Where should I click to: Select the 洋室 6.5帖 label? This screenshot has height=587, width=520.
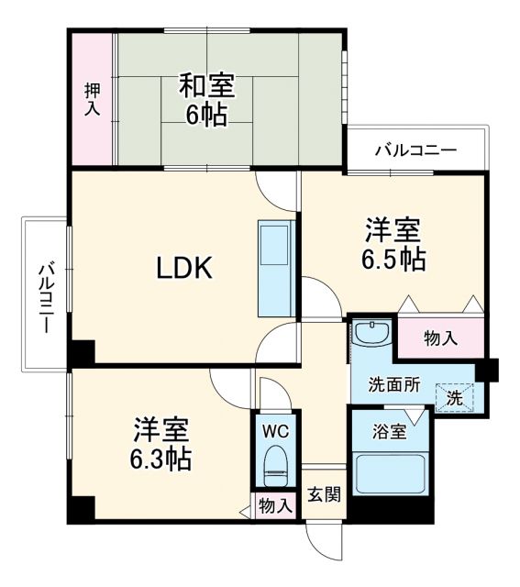click(x=394, y=244)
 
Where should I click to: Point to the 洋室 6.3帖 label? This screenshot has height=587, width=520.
click(x=161, y=443)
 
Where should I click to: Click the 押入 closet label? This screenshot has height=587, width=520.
click(x=93, y=99)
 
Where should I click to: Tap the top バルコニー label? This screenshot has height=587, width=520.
click(x=415, y=150)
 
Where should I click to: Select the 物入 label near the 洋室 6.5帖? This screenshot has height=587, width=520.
click(x=440, y=338)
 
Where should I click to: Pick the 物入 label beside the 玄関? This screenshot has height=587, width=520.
click(x=275, y=505)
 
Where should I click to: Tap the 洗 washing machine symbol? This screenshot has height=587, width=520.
click(x=454, y=397)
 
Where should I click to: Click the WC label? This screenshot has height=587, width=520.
click(x=275, y=429)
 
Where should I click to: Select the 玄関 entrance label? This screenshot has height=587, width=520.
click(x=324, y=495)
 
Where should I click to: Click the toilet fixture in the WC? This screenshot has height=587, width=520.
click(x=275, y=466)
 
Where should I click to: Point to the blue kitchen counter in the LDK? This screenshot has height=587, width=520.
click(x=274, y=269)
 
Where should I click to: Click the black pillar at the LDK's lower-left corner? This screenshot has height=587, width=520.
click(x=83, y=351)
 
